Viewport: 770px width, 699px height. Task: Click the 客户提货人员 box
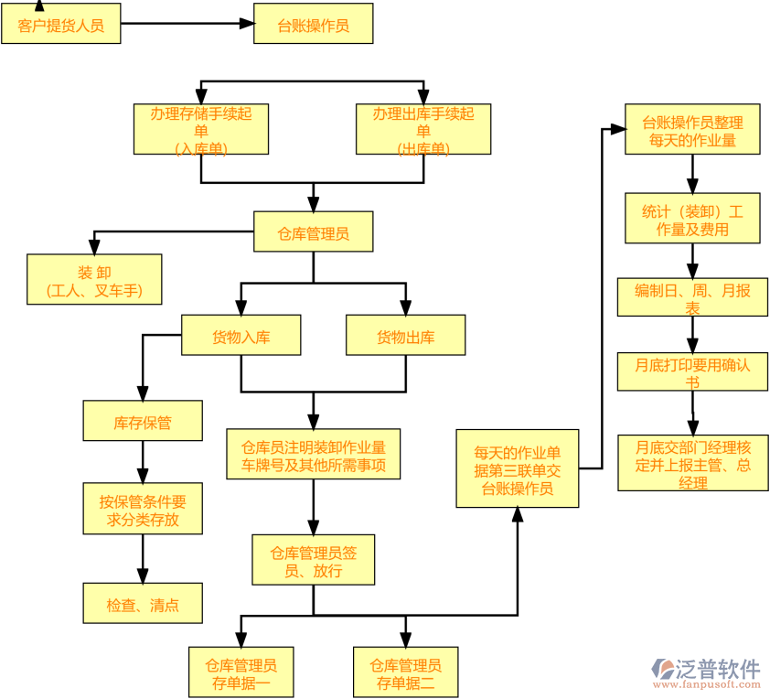60,25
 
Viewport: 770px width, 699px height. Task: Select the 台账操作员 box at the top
314,25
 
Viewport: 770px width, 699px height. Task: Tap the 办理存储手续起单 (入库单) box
201,129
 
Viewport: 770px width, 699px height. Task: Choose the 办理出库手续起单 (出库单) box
423,129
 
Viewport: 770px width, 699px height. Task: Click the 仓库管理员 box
314,233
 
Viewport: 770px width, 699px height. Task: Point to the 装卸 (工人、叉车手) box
94,279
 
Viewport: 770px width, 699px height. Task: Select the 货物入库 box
241,336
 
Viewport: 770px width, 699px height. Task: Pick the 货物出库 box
405,336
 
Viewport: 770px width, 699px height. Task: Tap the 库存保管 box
143,422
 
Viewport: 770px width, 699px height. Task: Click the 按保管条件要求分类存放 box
143,510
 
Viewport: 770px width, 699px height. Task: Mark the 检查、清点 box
143,604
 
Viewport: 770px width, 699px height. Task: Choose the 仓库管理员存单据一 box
241,672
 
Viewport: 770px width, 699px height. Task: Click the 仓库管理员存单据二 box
405,672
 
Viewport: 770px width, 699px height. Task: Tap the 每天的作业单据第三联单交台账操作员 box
518,468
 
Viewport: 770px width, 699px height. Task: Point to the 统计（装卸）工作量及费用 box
692,219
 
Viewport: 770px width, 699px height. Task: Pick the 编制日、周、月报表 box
692,297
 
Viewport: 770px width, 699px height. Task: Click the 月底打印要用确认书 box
692,371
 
